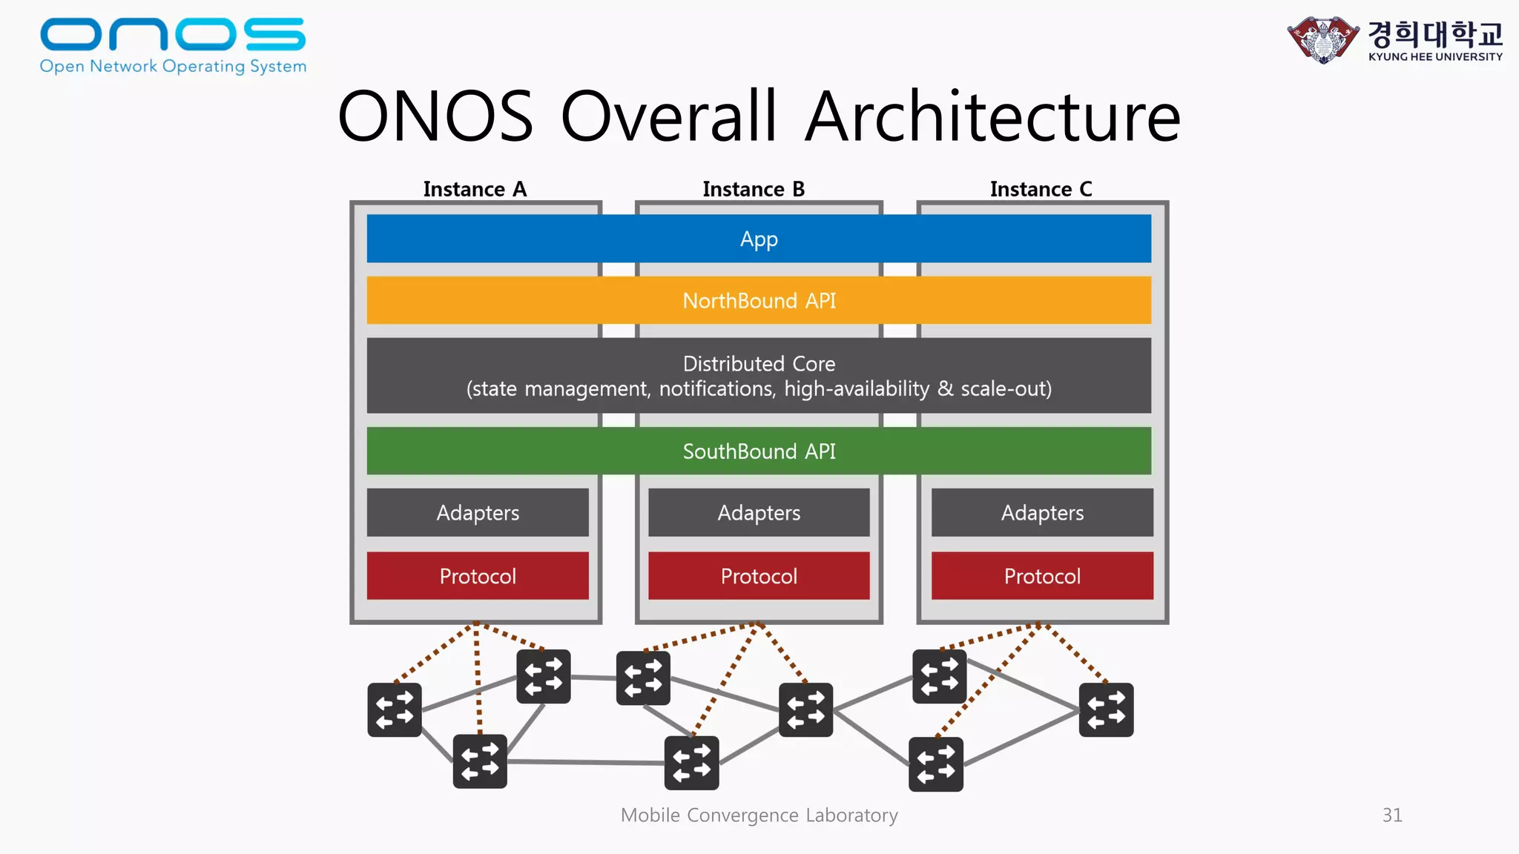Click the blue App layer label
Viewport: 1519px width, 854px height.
[759, 239]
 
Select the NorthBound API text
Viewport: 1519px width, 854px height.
[759, 301]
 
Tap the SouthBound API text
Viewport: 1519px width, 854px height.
[759, 451]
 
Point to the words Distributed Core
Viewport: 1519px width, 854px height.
[759, 364]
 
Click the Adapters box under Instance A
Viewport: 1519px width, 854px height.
[478, 513]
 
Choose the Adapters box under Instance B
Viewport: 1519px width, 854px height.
[759, 513]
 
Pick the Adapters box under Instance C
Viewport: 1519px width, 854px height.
[1042, 513]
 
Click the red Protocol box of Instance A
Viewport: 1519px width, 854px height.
[478, 576]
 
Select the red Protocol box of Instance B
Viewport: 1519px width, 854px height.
[759, 576]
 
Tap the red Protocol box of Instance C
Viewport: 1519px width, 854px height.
[1042, 576]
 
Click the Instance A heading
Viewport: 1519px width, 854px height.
[475, 190]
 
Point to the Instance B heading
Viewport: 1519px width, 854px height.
[754, 190]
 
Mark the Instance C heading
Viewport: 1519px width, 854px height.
[1041, 190]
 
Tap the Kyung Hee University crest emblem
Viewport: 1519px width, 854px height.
[1323, 39]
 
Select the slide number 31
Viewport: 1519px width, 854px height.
[1392, 815]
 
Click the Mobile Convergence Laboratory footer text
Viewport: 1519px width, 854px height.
[759, 815]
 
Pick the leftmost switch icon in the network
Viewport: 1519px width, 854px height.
[395, 709]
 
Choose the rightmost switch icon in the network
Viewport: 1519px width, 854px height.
[1106, 709]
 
